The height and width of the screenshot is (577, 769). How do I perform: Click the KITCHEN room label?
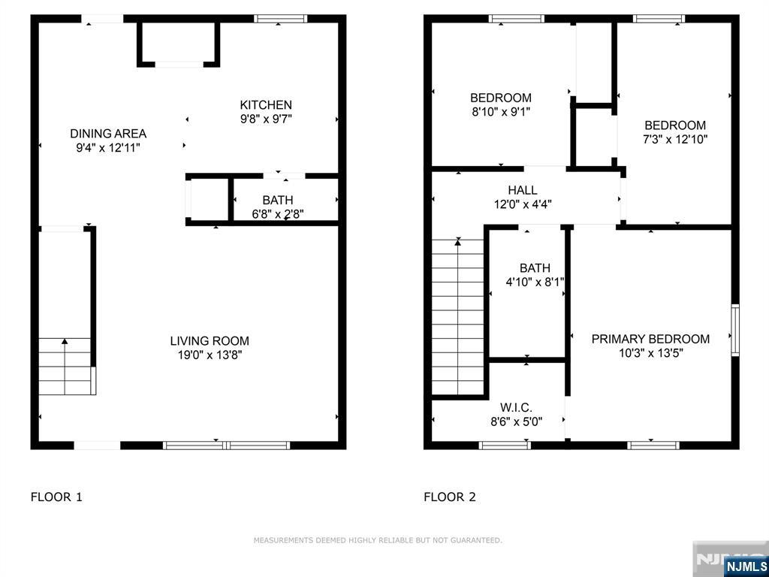click(x=266, y=105)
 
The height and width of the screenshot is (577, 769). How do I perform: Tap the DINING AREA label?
click(x=108, y=134)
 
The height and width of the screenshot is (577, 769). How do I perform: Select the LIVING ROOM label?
click(x=210, y=341)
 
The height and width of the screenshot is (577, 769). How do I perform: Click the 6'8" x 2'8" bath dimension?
click(x=277, y=214)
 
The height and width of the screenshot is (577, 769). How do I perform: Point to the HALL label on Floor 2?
click(x=522, y=190)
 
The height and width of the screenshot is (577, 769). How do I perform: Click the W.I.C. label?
click(x=516, y=408)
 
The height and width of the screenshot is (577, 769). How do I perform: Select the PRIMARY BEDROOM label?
click(x=650, y=339)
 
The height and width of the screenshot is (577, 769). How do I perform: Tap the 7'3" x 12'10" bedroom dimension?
click(x=675, y=139)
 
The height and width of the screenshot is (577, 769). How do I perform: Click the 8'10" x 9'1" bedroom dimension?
click(x=500, y=111)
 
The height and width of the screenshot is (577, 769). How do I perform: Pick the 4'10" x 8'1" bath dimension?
click(x=535, y=282)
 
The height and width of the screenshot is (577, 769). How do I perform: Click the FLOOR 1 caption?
click(x=56, y=497)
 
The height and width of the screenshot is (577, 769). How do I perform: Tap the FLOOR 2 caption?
click(x=450, y=497)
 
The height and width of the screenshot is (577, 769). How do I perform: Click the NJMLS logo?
click(x=746, y=566)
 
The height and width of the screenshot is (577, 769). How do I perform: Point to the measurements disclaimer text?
click(x=378, y=540)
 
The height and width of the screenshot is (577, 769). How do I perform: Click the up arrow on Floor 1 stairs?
click(x=65, y=343)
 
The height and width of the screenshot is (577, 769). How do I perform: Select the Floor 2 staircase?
click(x=457, y=316)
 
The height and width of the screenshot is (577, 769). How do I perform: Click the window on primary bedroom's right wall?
click(x=734, y=330)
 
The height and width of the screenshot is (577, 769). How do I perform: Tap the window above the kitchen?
click(x=280, y=19)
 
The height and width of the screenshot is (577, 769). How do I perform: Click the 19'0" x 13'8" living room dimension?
click(x=210, y=355)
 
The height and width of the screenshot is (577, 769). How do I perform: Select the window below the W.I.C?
click(x=505, y=445)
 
